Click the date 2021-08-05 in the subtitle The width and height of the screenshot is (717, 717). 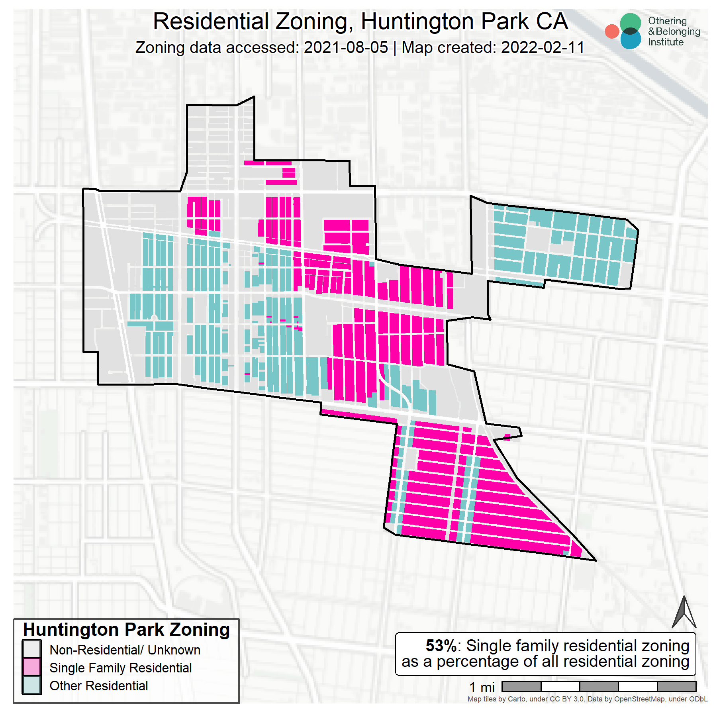[346, 48]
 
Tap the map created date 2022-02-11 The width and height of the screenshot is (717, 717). [543, 48]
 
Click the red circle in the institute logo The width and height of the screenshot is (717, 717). [612, 31]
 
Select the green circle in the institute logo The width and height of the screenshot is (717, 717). [631, 23]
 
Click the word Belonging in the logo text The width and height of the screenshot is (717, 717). [678, 31]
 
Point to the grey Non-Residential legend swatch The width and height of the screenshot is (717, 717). [31, 650]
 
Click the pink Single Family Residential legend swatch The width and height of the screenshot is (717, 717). [31, 668]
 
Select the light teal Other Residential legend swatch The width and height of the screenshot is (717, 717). [31, 686]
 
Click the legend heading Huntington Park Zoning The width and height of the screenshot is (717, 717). [126, 630]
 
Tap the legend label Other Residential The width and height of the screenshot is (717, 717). [98, 686]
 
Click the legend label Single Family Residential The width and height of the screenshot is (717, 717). [120, 668]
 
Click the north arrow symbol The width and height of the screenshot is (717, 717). [684, 613]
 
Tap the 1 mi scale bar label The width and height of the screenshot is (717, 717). [482, 687]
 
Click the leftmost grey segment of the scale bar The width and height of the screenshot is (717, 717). [521, 686]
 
